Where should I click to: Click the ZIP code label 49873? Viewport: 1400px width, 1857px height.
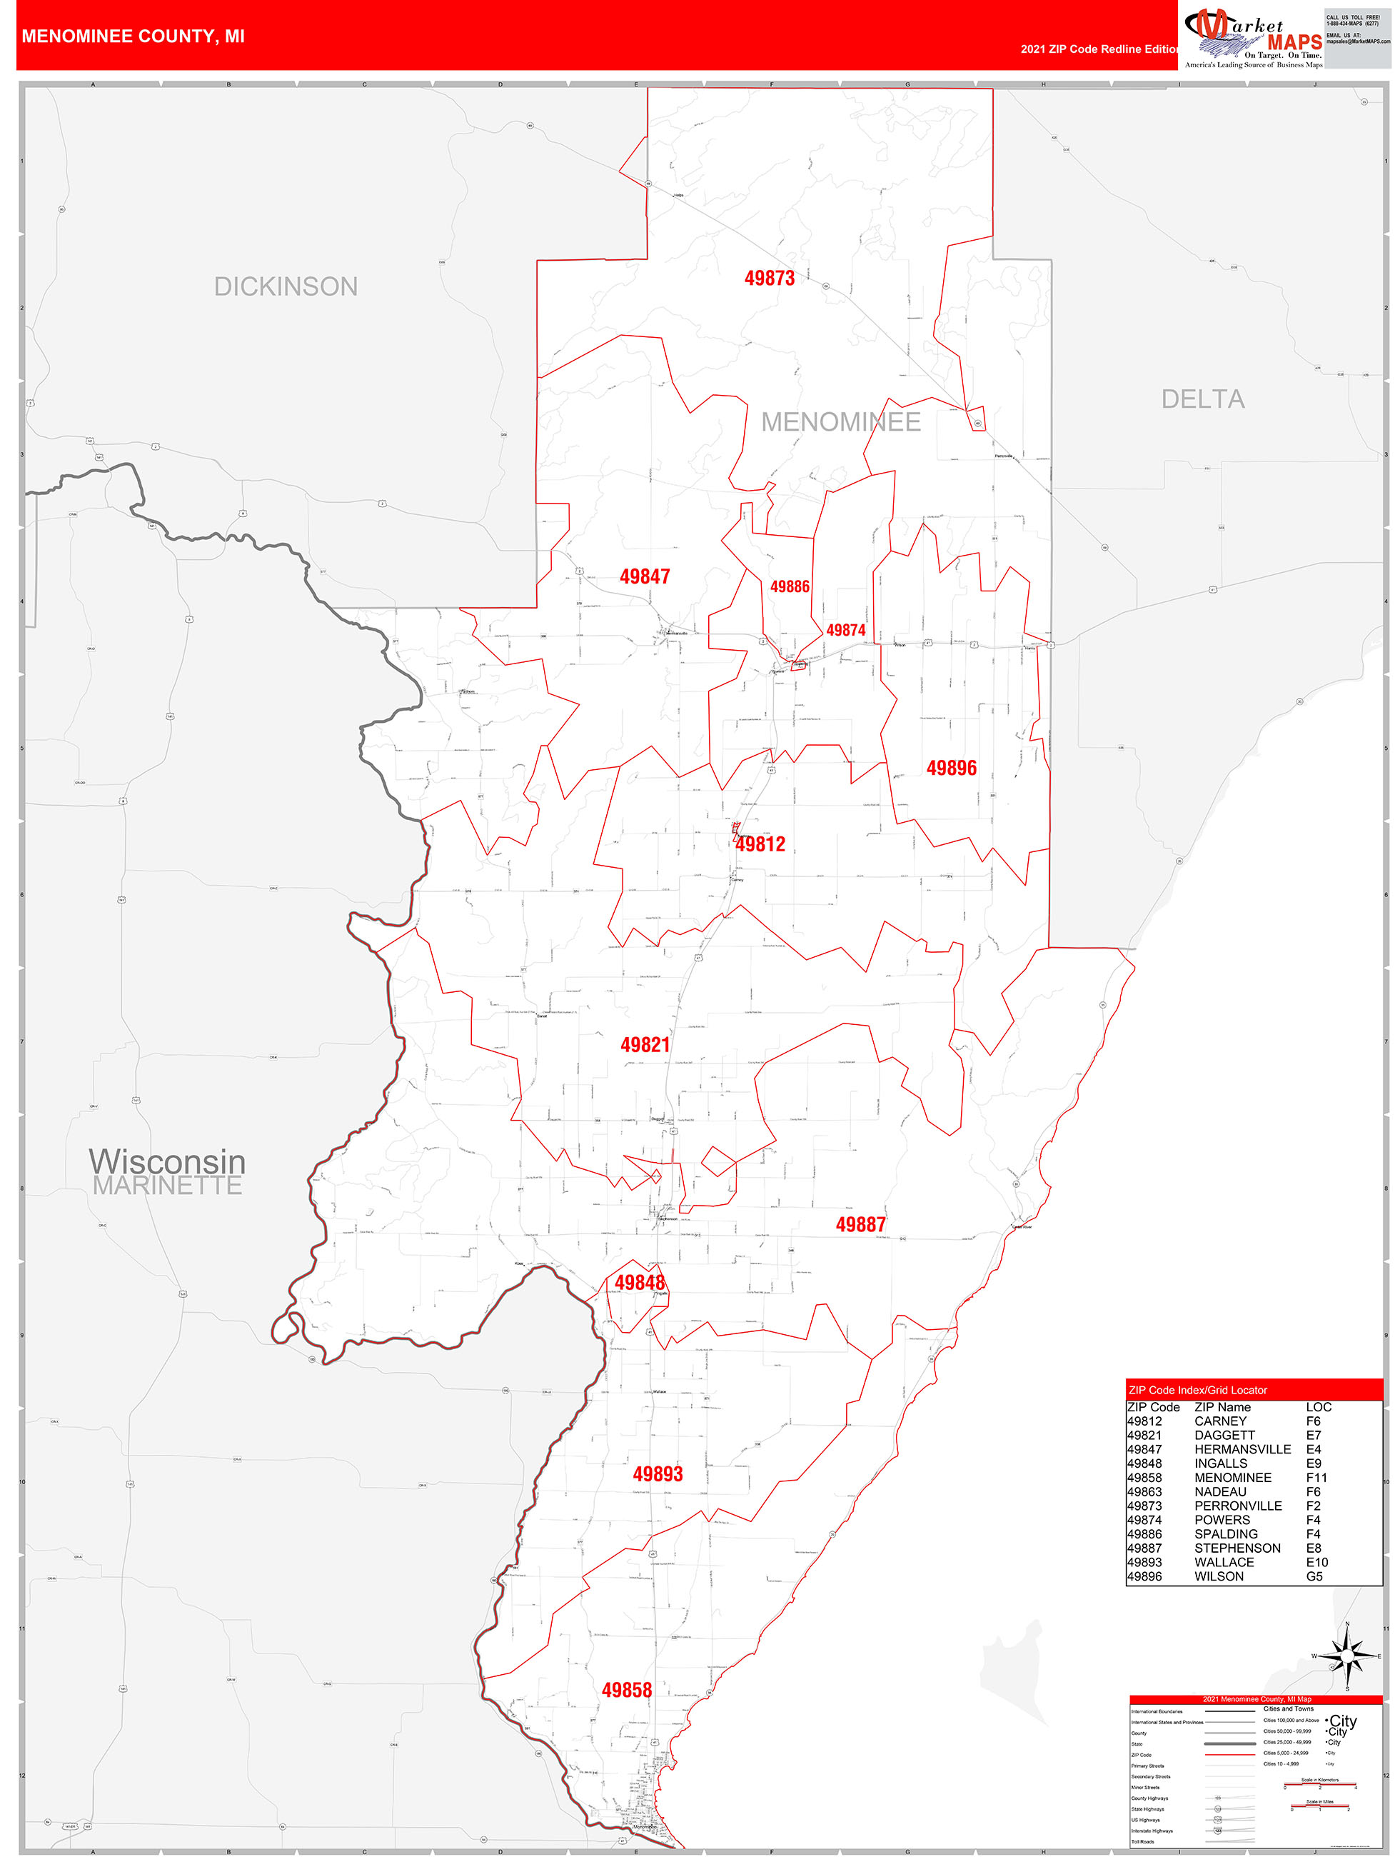coord(769,278)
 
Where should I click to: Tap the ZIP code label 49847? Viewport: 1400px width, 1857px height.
coord(645,577)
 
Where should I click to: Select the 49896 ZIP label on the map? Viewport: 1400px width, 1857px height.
coord(951,768)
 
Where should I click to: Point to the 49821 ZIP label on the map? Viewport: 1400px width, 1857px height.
coord(645,1044)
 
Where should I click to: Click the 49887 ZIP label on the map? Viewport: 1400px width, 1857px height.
coord(860,1225)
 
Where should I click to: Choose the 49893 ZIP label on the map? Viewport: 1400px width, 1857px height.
coord(658,1473)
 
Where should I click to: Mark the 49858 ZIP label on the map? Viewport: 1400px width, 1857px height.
coord(626,1690)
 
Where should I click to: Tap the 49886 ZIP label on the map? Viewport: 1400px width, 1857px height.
coord(790,586)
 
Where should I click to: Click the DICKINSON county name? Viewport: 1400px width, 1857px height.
coord(286,287)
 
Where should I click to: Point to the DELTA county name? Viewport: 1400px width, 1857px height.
coord(1203,399)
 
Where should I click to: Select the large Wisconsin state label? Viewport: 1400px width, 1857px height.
coord(167,1161)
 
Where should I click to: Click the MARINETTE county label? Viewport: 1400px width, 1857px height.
coord(167,1186)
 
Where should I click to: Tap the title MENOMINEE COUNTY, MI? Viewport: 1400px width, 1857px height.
coord(133,36)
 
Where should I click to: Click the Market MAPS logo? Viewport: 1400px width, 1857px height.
coord(1253,38)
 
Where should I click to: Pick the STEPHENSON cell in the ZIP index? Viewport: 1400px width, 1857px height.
coord(1237,1548)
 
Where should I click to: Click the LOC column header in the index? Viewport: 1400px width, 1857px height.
coord(1319,1407)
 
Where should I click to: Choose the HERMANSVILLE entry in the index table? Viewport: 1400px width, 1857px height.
coord(1242,1449)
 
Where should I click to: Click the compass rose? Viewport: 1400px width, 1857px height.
coord(1347,1656)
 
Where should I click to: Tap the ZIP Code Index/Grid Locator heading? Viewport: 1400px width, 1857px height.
coord(1198,1390)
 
